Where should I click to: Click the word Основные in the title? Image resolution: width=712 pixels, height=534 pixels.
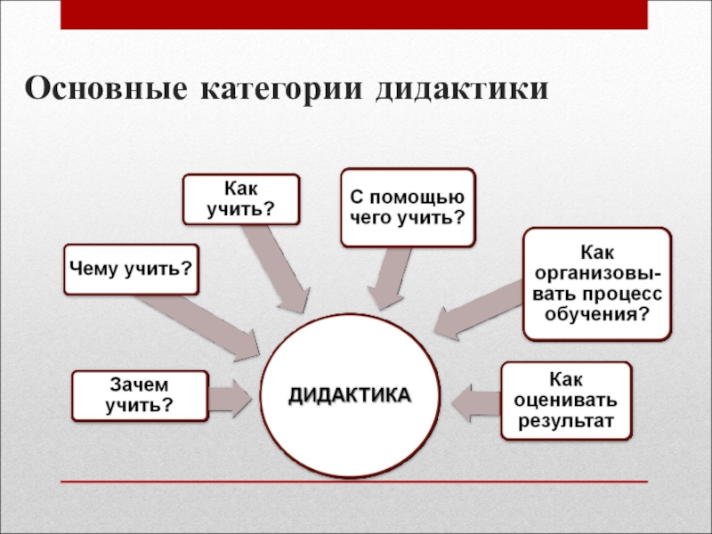pos(106,90)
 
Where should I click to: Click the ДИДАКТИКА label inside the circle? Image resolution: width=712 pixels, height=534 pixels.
pos(350,395)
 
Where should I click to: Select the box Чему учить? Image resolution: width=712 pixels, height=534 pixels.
pos(131,268)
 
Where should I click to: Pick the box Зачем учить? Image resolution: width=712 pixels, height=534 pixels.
pos(140,396)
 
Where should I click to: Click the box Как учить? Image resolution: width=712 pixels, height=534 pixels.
pos(241,198)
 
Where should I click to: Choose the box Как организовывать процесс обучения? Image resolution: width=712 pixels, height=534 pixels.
pos(596,283)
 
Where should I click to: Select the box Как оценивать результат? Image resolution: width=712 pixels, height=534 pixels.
pos(567,400)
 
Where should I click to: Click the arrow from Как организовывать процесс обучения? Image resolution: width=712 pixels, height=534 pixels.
pos(481,308)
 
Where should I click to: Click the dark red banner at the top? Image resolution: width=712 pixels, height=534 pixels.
pos(354,14)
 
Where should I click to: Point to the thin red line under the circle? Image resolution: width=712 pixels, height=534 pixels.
pos(354,482)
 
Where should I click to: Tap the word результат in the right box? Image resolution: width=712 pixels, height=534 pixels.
pos(567,421)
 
